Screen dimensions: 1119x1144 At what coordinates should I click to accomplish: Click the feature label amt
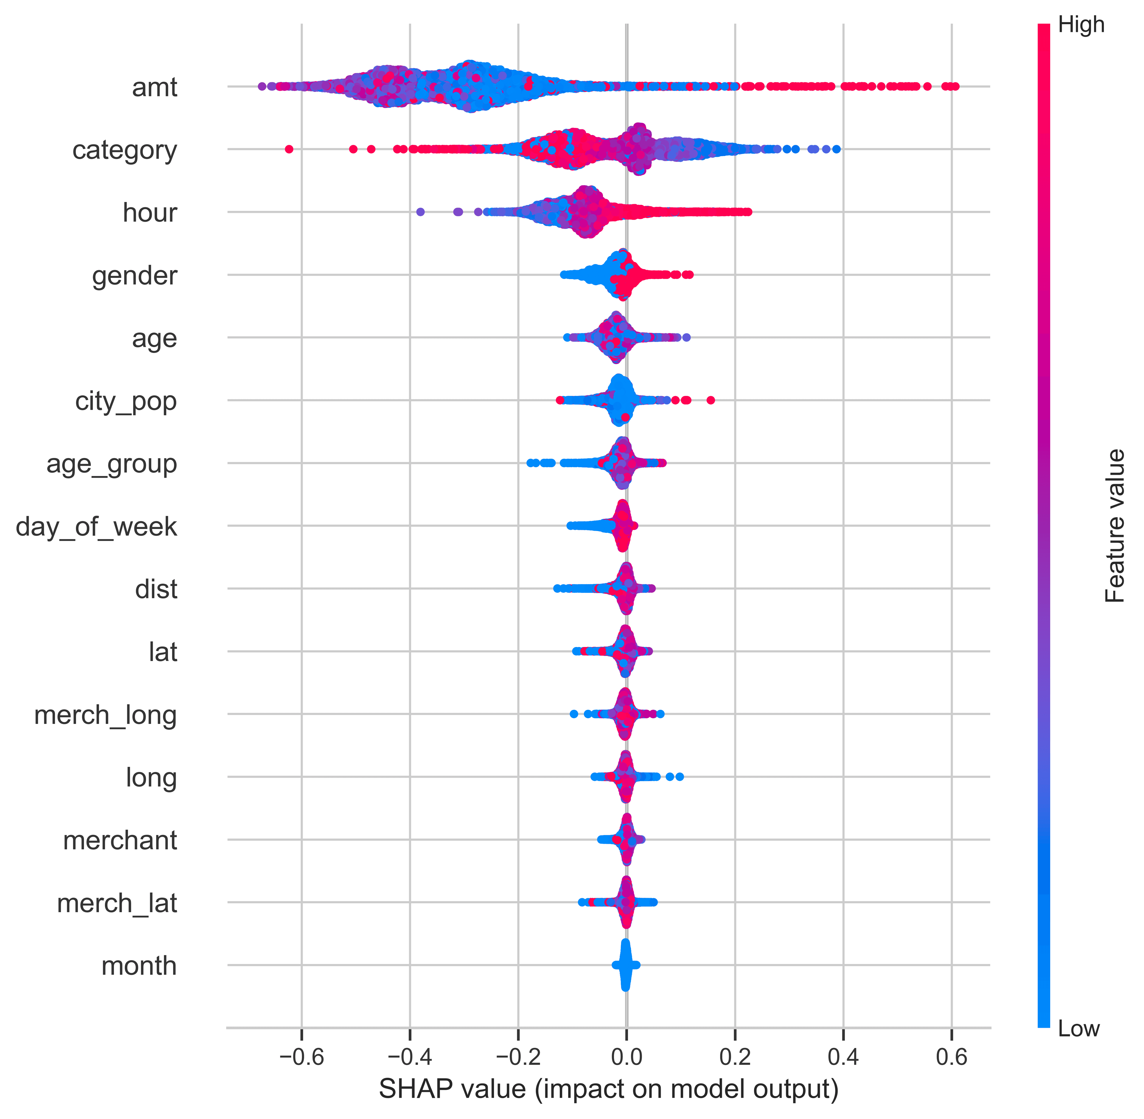pyautogui.click(x=154, y=88)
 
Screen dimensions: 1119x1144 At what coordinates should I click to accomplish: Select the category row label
pyautogui.click(x=125, y=151)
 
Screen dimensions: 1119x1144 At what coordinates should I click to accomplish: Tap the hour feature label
pyautogui.click(x=150, y=213)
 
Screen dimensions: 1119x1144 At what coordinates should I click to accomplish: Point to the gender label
pyautogui.click(x=134, y=276)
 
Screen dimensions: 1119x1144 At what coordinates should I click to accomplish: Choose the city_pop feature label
pyautogui.click(x=126, y=401)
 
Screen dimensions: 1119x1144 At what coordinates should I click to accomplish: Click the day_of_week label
pyautogui.click(x=96, y=527)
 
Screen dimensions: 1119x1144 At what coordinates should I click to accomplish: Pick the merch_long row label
pyautogui.click(x=106, y=715)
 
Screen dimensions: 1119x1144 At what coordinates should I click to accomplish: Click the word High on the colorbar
pyautogui.click(x=1081, y=25)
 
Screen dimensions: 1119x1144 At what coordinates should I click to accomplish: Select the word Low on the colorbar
pyautogui.click(x=1079, y=1029)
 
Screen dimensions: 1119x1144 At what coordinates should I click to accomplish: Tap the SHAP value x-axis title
pyautogui.click(x=608, y=1089)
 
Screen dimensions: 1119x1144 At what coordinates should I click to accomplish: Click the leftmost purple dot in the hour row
pyautogui.click(x=420, y=212)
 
